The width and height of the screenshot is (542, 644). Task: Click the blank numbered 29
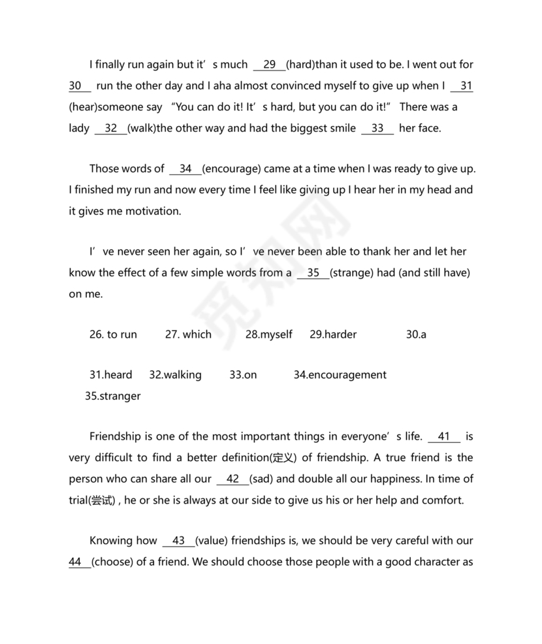pyautogui.click(x=269, y=65)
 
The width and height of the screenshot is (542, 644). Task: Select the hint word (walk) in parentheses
pyautogui.click(x=142, y=128)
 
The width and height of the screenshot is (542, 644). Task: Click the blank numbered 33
pyautogui.click(x=377, y=128)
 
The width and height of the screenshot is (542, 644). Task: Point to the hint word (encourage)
pyautogui.click(x=232, y=169)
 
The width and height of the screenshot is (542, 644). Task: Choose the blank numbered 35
pyautogui.click(x=313, y=273)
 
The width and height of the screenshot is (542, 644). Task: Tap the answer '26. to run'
pyautogui.click(x=113, y=334)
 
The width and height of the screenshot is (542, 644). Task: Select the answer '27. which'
pyautogui.click(x=188, y=334)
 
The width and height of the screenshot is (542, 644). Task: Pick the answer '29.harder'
pyautogui.click(x=333, y=334)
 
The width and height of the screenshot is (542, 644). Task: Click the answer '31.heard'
pyautogui.click(x=110, y=375)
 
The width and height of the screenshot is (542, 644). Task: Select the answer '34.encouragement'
pyautogui.click(x=340, y=375)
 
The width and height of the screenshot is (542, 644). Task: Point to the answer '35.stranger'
pyautogui.click(x=112, y=396)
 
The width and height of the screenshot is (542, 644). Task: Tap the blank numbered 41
pyautogui.click(x=444, y=436)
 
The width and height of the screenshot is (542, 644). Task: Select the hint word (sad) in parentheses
pyautogui.click(x=261, y=479)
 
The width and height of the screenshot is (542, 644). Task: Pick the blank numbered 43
pyautogui.click(x=178, y=541)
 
